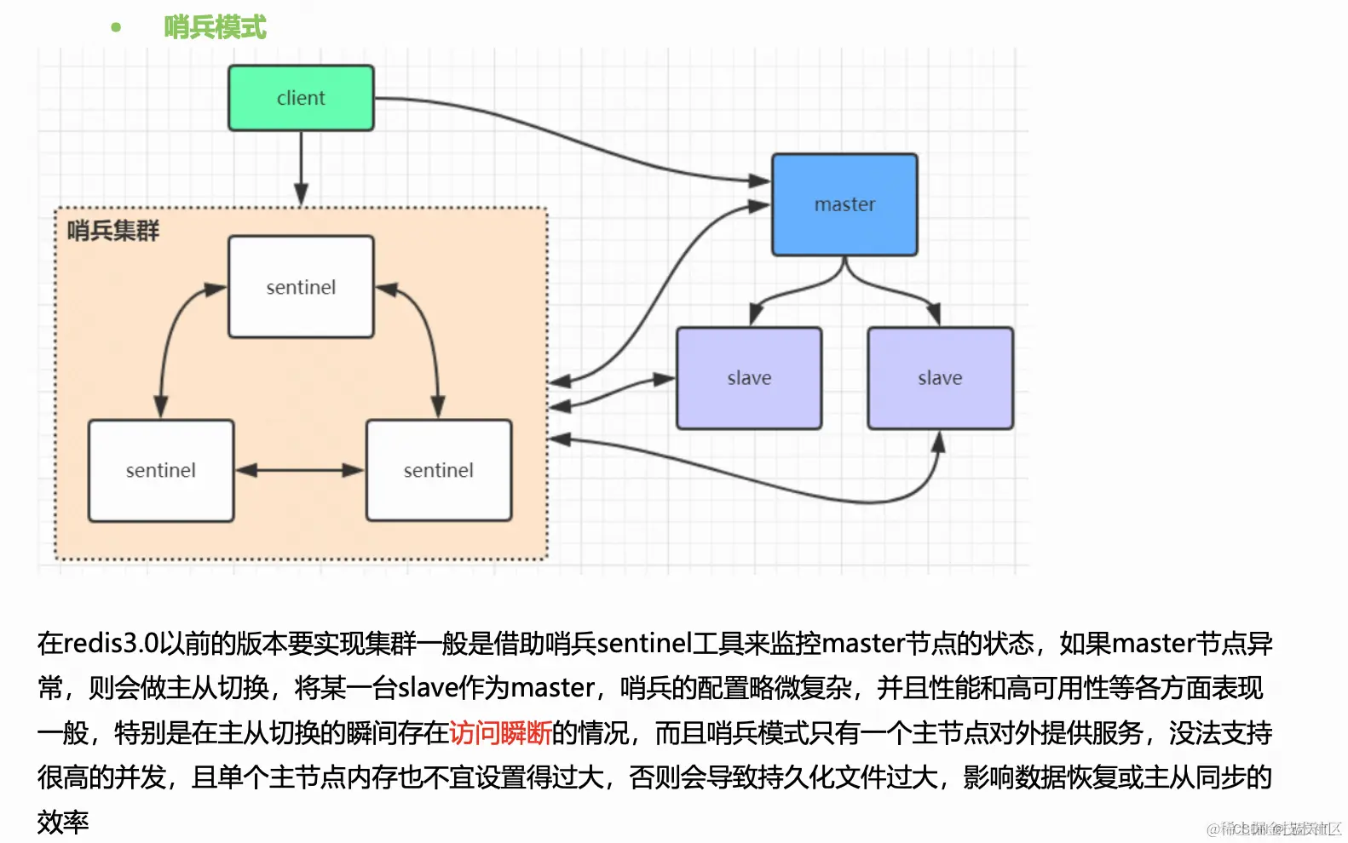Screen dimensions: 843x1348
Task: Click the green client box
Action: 301,98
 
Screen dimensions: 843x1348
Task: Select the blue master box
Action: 844,204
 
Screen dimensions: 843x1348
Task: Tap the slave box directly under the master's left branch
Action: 749,378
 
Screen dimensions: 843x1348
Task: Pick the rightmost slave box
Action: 940,378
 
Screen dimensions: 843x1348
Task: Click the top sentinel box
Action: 301,287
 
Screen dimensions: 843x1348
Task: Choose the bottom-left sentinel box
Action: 161,470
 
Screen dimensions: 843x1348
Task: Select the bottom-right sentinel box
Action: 439,470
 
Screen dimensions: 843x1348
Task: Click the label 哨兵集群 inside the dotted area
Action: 113,231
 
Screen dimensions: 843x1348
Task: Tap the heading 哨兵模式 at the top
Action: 215,27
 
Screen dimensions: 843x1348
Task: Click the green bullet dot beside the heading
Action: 116,27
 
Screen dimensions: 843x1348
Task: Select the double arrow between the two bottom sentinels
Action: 300,470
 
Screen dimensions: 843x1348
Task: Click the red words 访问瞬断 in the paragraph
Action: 500,732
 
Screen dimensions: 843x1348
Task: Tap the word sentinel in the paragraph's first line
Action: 644,643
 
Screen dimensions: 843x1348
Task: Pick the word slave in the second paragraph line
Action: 428,687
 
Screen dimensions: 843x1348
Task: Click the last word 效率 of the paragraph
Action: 63,822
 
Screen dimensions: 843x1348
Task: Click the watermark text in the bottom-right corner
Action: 1273,829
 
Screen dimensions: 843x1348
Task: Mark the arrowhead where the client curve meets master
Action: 759,181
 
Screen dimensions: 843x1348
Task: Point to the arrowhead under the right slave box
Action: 938,442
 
